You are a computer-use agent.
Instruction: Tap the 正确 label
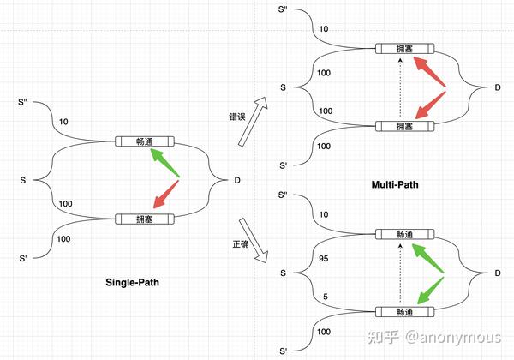241,244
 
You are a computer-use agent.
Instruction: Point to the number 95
323,258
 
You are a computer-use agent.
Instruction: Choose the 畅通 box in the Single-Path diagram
144,141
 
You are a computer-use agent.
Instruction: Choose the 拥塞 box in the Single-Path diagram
144,219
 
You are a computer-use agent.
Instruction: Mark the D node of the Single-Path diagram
237,181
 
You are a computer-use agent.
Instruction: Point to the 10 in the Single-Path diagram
63,123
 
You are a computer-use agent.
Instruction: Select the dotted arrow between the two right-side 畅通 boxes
399,273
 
